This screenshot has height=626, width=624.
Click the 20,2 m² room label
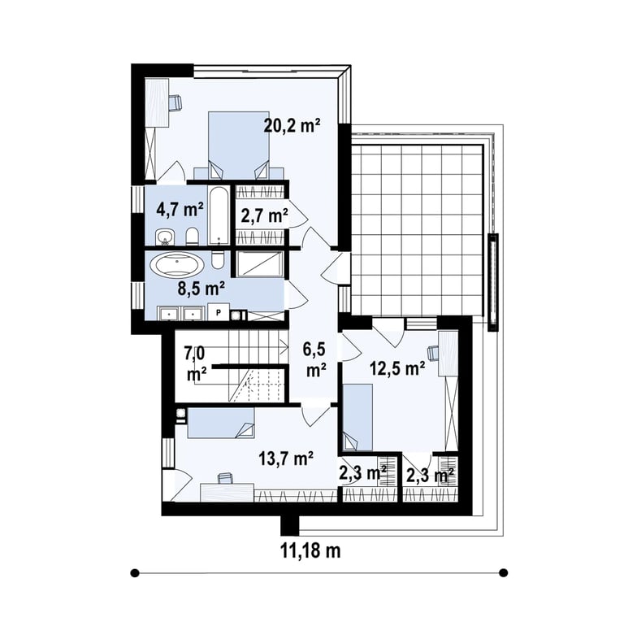[292, 126]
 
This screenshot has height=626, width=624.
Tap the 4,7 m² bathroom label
[180, 209]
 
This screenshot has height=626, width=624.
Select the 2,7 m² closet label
[265, 216]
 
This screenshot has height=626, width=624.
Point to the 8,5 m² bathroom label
[201, 289]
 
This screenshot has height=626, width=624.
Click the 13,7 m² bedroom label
[285, 459]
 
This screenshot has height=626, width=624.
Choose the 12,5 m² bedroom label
[397, 369]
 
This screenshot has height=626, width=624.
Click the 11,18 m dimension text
[310, 551]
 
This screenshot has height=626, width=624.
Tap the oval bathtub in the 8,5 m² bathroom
[177, 264]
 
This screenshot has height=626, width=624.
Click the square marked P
[219, 312]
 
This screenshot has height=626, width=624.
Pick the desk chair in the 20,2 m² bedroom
[175, 102]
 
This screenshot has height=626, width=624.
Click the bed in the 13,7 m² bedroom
[221, 423]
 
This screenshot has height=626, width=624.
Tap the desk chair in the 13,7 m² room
[225, 477]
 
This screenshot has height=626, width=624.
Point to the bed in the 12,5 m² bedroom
[357, 417]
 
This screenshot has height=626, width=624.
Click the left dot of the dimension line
[135, 573]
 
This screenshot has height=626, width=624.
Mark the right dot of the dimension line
[504, 573]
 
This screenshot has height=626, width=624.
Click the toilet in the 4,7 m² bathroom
[192, 237]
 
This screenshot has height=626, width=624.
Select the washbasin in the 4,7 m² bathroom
[164, 237]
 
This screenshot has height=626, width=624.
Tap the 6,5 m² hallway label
[314, 359]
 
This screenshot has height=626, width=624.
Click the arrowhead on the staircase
[285, 346]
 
